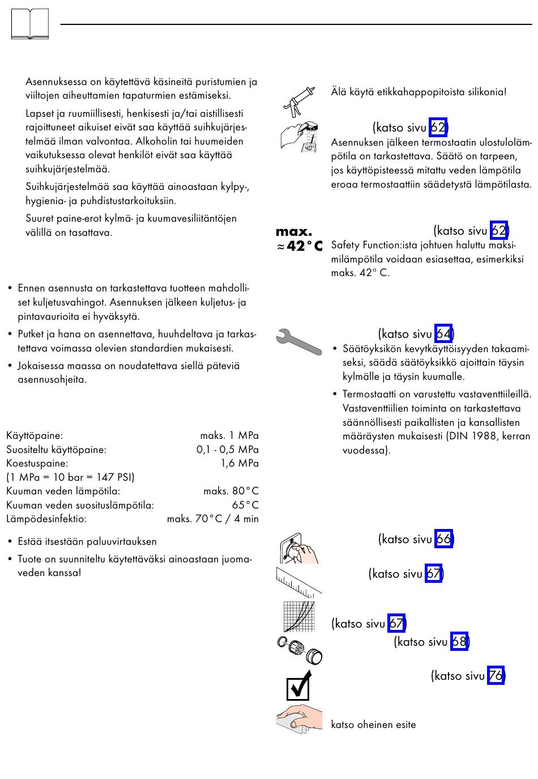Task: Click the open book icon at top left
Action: [30, 24]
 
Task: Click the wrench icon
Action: [298, 342]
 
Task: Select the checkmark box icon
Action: [298, 685]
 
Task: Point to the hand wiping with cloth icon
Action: [299, 719]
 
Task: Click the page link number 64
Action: [443, 334]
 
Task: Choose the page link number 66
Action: [443, 539]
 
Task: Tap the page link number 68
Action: [459, 642]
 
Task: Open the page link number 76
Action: [496, 676]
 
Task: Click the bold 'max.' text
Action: [294, 231]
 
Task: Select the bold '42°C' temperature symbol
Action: [304, 246]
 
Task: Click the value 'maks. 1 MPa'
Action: [229, 435]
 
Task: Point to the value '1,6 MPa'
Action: [239, 463]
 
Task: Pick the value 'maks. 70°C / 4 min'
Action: [212, 519]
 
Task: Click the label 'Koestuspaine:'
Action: [37, 463]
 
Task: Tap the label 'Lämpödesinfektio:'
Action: [46, 519]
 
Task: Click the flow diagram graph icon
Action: [298, 616]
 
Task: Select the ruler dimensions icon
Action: [298, 581]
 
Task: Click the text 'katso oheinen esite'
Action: [373, 725]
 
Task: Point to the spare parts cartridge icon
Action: [300, 650]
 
